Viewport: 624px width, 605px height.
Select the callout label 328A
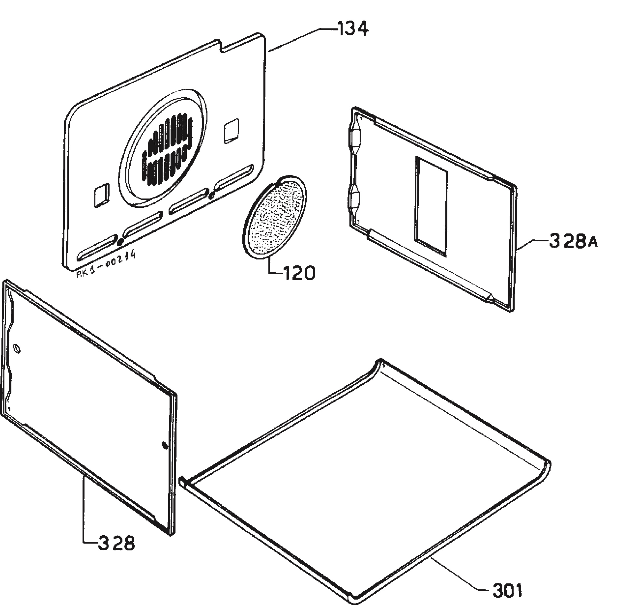(x=573, y=241)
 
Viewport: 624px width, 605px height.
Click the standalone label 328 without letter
(x=116, y=543)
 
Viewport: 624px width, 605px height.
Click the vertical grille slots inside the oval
(x=167, y=150)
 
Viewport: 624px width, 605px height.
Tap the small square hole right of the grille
(x=231, y=131)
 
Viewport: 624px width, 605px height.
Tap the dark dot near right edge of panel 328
(x=164, y=445)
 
